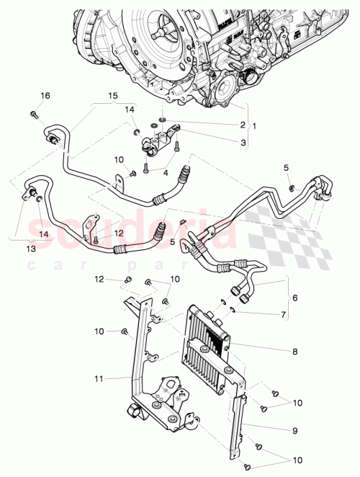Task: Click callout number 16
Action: tap(45, 96)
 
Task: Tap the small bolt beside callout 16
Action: tap(34, 113)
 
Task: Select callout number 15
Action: tap(112, 96)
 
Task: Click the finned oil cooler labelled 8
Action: tap(209, 346)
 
